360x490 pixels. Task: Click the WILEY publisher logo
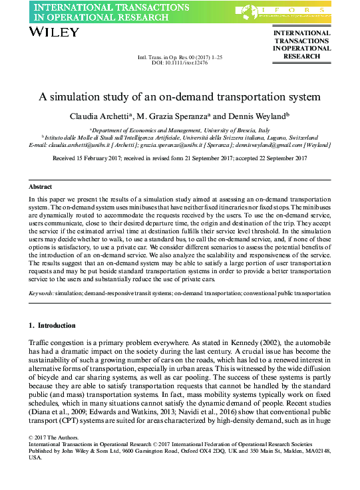pos(50,31)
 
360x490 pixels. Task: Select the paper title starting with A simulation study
pos(180,96)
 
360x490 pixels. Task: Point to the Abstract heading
pos(41,187)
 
